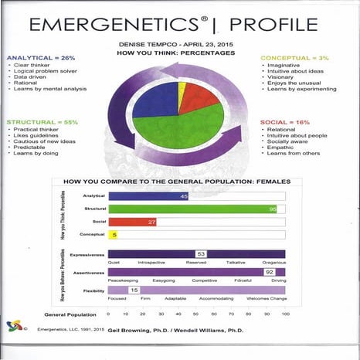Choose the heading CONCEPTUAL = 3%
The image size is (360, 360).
pos(296,58)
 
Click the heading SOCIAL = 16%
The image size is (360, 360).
pos(290,123)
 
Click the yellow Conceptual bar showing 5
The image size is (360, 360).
pos(113,235)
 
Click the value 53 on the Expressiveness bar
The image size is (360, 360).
pos(201,253)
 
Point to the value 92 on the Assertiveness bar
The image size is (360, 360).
pos(270,273)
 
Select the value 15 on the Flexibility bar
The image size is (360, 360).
pos(134,290)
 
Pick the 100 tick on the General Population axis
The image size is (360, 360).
pos(285,314)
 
